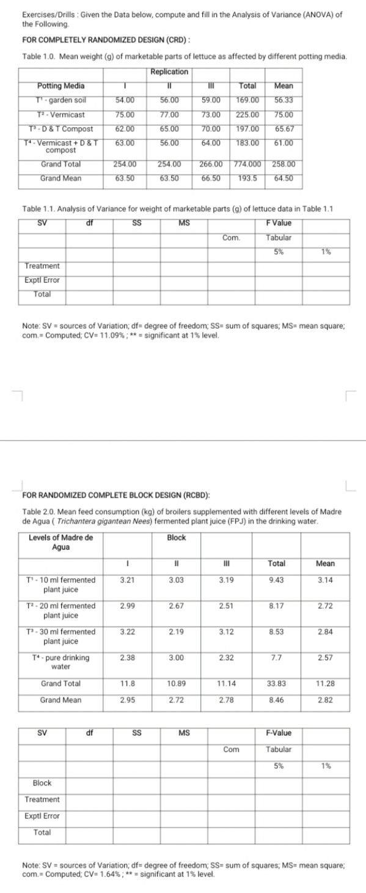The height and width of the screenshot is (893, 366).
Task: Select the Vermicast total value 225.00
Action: [x=247, y=114]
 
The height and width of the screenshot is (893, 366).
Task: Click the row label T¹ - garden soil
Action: [x=60, y=100]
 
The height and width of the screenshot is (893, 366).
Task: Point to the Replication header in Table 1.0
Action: [x=169, y=72]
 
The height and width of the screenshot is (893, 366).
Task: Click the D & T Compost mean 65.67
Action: [x=284, y=129]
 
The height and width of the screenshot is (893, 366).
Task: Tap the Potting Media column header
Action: [x=61, y=86]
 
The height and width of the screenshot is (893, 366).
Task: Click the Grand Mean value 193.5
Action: [x=246, y=178]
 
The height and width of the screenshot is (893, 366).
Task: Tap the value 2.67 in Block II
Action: [x=177, y=605]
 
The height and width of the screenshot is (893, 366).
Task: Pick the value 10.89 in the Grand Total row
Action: [x=177, y=683]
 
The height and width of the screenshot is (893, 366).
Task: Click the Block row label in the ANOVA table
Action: [x=42, y=783]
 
